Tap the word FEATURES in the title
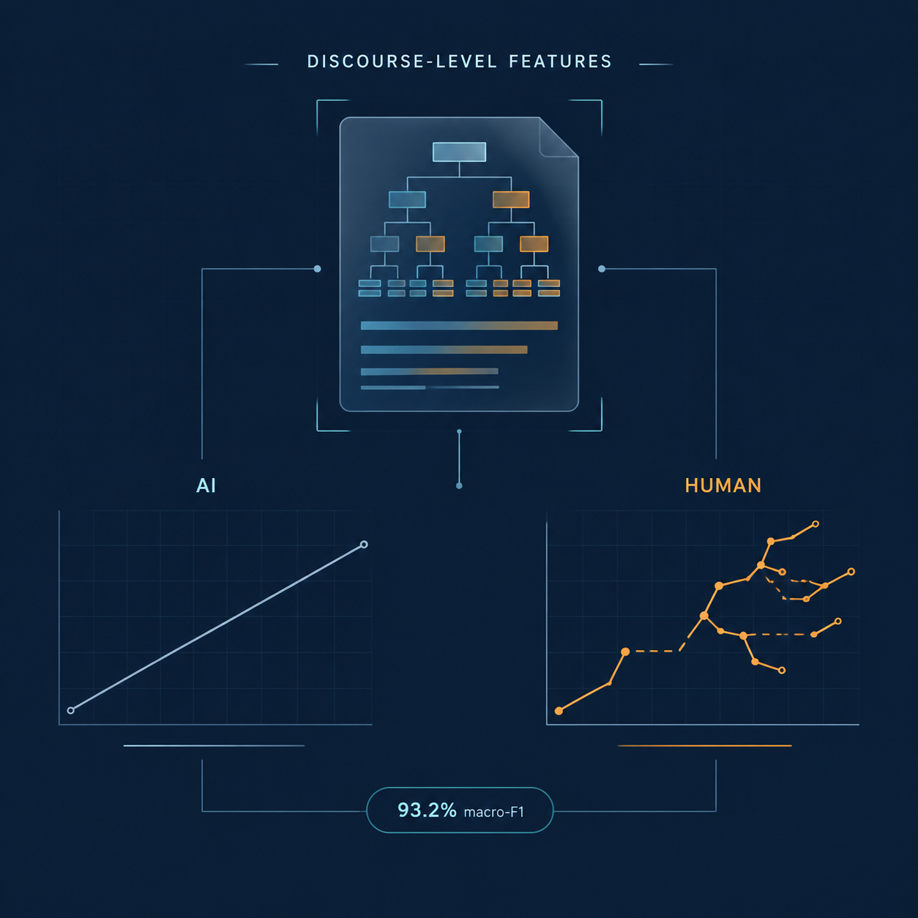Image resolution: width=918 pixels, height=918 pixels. (560, 61)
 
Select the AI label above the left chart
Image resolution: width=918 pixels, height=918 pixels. (206, 485)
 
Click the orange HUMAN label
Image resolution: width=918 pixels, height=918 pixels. (723, 485)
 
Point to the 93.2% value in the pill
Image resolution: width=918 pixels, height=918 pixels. (427, 810)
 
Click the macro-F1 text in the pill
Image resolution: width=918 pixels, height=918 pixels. (493, 812)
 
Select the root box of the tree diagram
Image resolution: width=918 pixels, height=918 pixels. (459, 152)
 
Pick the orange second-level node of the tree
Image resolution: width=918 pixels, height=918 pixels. (511, 200)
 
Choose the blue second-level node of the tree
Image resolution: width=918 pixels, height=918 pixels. (407, 200)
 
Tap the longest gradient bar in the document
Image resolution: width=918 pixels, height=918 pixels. (459, 325)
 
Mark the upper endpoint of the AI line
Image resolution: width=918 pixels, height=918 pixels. (364, 544)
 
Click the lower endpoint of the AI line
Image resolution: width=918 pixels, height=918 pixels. (71, 710)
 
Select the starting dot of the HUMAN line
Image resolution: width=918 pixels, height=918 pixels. (559, 711)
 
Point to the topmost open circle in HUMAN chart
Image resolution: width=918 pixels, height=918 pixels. (815, 524)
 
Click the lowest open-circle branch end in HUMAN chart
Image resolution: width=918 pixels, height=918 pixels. (781, 671)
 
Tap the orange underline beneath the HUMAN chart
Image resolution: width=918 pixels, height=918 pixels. (704, 745)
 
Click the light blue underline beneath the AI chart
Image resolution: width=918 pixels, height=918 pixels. (214, 745)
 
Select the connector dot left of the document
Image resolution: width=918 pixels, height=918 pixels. (317, 269)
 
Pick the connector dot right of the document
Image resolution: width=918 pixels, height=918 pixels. (602, 269)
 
